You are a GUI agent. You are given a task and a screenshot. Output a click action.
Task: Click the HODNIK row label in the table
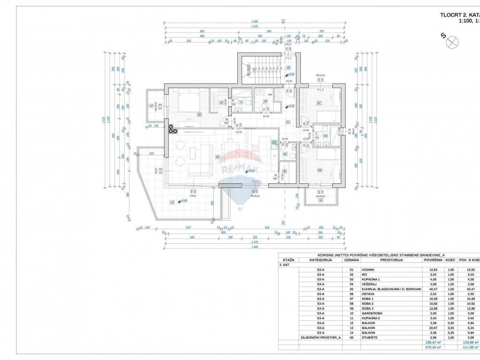coord(368,270)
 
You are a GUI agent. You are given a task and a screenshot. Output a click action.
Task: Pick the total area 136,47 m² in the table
coord(429,343)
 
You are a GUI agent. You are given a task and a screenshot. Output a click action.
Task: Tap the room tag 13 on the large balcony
coord(172,202)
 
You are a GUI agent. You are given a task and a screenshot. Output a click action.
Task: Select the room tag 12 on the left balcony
coord(151,105)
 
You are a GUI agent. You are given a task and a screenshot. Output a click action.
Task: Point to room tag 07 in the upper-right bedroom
coord(319,103)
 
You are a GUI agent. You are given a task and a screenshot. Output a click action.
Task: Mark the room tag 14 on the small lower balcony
coord(321,200)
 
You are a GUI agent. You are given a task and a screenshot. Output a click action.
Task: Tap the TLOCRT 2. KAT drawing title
coord(459,15)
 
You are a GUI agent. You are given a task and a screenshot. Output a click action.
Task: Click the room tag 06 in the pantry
coord(285,172)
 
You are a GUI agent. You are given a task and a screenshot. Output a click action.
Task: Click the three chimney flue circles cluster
coord(169,128)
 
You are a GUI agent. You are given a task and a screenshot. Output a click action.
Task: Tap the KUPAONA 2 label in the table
coord(371,317)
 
